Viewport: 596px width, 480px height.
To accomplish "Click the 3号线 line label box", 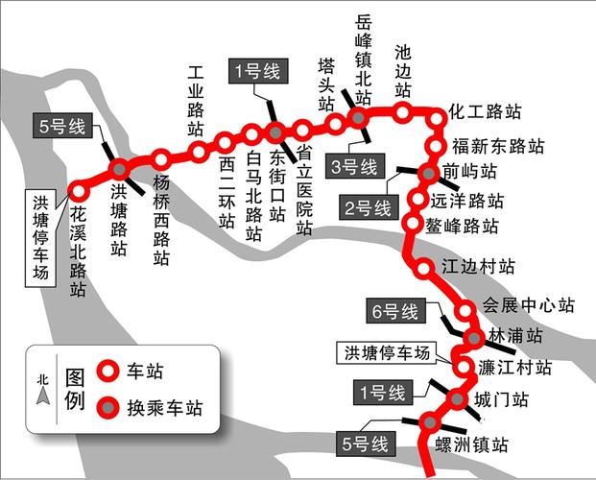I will (x=354, y=167).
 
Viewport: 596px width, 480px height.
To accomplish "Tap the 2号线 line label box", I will (x=369, y=207).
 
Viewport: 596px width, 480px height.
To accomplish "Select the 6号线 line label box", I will (x=395, y=312).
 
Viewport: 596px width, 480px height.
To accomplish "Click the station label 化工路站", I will (x=486, y=111).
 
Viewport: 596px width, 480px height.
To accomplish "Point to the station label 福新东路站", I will (x=497, y=147).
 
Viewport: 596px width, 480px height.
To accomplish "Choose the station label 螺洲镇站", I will (x=471, y=444).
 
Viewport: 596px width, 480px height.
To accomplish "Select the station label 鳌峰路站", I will (x=465, y=228).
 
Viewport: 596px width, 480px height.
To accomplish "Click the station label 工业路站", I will (x=196, y=101).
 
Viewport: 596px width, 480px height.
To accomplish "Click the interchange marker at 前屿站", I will (x=428, y=173).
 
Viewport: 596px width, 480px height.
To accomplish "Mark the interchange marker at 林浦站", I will (x=472, y=337).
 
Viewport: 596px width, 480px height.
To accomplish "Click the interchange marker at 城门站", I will (x=457, y=400).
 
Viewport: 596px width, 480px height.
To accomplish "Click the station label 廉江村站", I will (x=515, y=368).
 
